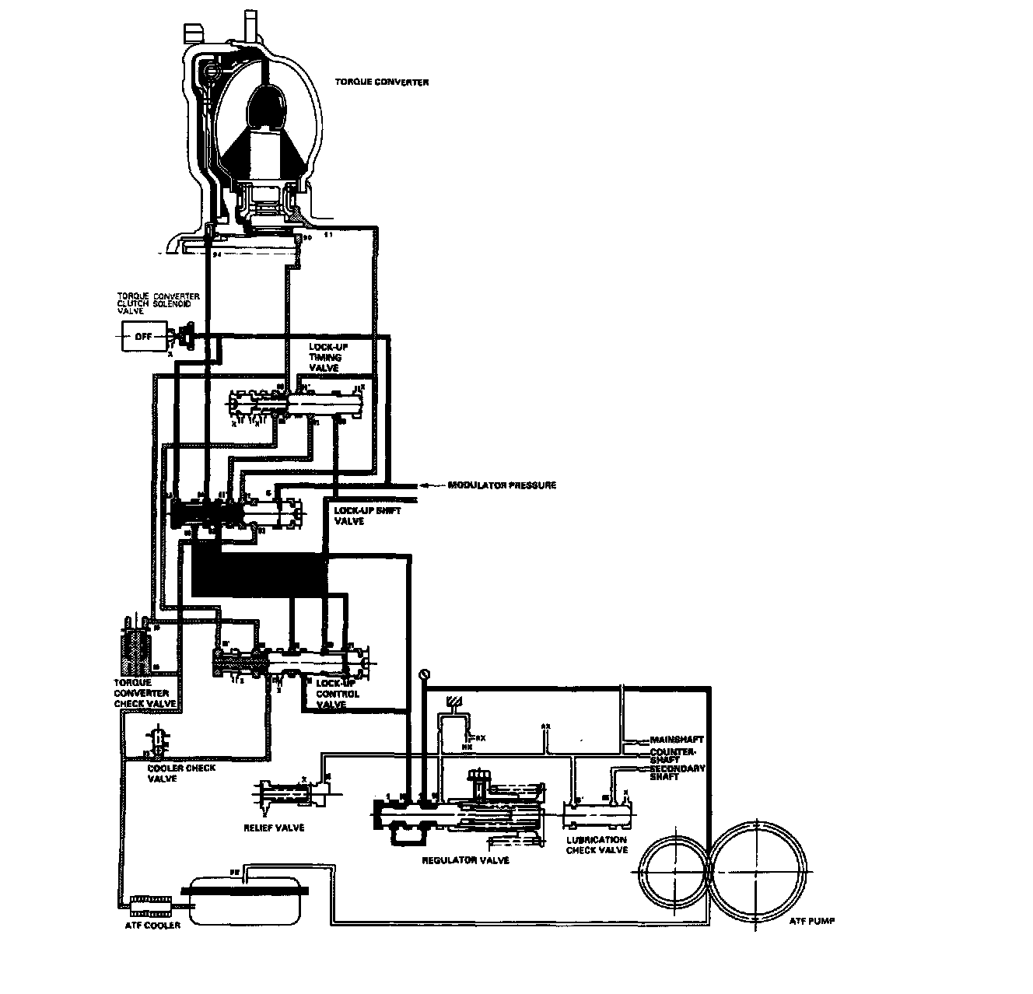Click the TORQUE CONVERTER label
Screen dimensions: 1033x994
click(x=381, y=82)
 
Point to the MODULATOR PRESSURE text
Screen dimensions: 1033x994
click(x=502, y=485)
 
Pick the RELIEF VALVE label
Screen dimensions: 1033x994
click(x=274, y=828)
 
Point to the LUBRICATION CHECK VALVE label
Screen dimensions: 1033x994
click(x=596, y=845)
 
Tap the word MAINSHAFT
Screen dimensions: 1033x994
click(x=677, y=740)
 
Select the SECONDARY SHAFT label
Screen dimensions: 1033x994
click(x=678, y=772)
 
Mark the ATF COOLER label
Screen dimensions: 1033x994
click(x=152, y=925)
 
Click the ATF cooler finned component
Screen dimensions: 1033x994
click(x=150, y=903)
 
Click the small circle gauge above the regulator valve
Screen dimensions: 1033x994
click(x=424, y=674)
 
